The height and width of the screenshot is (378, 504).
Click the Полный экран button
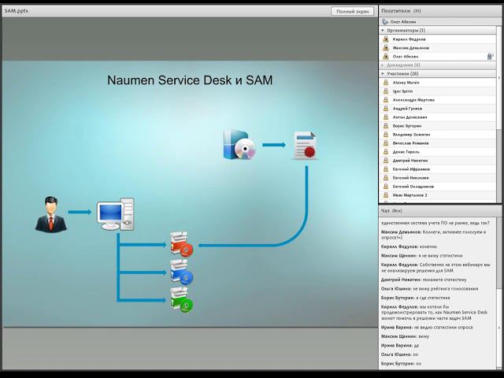coord(352,11)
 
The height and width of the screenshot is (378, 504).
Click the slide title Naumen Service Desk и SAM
coord(190,80)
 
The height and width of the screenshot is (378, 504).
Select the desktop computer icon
coord(115,214)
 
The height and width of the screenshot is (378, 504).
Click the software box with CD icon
coord(239,144)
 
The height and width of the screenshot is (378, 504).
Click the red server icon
coord(180,245)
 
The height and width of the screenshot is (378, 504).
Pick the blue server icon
coord(180,272)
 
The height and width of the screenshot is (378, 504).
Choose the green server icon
coord(180,299)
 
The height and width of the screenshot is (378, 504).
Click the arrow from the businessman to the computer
coord(81,212)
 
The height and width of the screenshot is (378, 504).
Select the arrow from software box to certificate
coord(272,144)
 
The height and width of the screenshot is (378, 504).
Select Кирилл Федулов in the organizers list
coord(409,39)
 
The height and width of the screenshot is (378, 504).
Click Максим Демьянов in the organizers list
coord(411,47)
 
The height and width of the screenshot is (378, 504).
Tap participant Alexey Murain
coord(407,82)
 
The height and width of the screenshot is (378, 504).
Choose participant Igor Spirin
coord(403,91)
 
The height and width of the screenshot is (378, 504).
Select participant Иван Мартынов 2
coord(410,195)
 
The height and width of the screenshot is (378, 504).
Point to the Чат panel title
coord(386,211)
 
